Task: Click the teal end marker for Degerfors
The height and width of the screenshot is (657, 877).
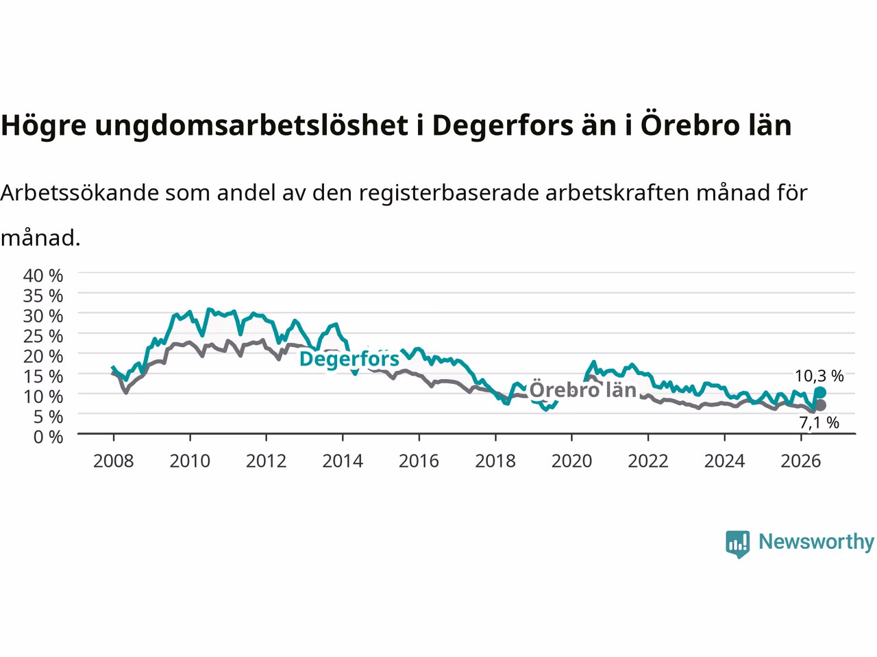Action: (820, 393)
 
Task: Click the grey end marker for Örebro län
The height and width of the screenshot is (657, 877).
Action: (820, 405)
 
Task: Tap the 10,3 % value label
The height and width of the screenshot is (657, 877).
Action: (819, 376)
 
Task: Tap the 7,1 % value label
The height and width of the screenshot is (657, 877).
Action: (819, 422)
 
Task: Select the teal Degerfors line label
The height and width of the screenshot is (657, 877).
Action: (349, 359)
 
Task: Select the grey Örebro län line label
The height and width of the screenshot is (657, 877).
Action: (582, 389)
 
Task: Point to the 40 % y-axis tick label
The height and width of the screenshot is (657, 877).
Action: (43, 276)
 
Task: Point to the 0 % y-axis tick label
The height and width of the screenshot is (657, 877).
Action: (49, 437)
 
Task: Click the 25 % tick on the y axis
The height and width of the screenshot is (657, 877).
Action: (43, 336)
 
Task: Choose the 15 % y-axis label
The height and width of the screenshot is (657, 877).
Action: (43, 376)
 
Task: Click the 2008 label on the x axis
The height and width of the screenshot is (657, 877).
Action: (114, 461)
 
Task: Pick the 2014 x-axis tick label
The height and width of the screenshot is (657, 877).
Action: (343, 461)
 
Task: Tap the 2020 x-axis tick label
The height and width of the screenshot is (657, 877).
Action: (571, 461)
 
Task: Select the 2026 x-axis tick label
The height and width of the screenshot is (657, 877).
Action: (801, 461)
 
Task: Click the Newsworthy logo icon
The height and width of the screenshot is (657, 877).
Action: (737, 544)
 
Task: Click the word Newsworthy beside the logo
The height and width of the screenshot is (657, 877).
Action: (816, 542)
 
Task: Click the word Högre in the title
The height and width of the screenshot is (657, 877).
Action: (44, 126)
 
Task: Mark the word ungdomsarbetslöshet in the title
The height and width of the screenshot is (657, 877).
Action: (251, 125)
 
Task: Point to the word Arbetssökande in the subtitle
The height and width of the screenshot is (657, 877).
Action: (79, 193)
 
